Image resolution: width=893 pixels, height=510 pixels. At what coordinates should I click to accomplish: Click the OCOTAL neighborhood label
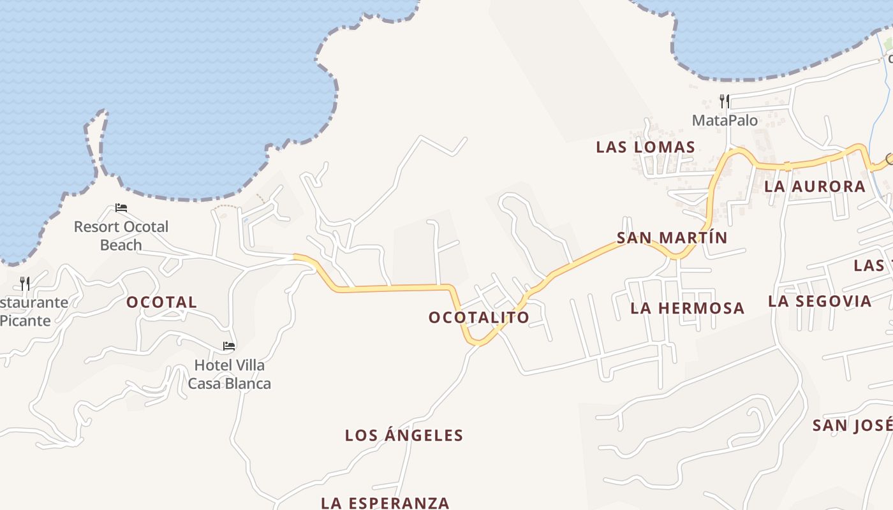[161, 302]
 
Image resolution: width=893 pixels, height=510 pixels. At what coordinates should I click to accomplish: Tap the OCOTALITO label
[479, 317]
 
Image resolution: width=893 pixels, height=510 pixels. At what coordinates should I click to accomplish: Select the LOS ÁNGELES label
[404, 435]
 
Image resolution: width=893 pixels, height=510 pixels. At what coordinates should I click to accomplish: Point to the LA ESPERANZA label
[385, 502]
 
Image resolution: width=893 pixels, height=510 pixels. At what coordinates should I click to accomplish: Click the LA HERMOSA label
[687, 309]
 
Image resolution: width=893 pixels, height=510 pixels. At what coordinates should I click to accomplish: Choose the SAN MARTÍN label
[672, 238]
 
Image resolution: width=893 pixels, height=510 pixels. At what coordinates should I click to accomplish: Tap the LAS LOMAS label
[646, 147]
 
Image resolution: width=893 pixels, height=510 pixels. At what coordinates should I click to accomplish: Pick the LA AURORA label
[815, 187]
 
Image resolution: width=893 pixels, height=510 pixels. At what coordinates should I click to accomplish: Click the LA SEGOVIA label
[820, 301]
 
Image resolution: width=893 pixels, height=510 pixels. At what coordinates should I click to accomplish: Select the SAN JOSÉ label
[852, 425]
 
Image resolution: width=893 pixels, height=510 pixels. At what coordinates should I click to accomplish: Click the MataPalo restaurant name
[725, 120]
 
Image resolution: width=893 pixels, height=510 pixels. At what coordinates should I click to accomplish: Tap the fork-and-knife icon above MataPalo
[724, 101]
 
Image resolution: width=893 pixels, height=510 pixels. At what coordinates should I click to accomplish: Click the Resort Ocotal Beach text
[121, 235]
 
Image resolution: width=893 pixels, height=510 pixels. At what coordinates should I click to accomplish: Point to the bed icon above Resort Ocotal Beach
[121, 208]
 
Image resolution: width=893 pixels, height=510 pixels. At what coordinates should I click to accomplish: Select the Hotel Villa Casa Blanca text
[229, 374]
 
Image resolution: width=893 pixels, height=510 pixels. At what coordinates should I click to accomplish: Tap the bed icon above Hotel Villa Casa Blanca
[229, 346]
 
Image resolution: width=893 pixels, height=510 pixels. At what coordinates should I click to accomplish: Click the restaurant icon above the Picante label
[25, 283]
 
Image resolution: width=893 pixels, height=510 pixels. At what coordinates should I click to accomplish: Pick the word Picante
[26, 321]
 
